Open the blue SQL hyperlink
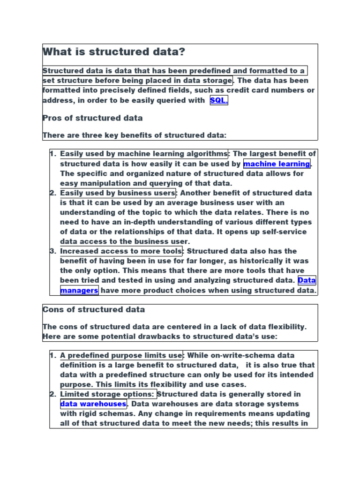(219, 100)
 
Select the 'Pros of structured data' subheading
(92, 118)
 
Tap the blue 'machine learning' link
(277, 164)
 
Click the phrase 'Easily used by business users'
(118, 193)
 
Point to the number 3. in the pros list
(52, 251)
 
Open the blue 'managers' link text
(79, 291)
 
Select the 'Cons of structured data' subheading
(94, 309)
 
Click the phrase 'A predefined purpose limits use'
(121, 355)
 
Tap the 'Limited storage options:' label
(108, 394)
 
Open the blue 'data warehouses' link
(93, 404)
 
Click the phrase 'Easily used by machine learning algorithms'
(143, 154)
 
